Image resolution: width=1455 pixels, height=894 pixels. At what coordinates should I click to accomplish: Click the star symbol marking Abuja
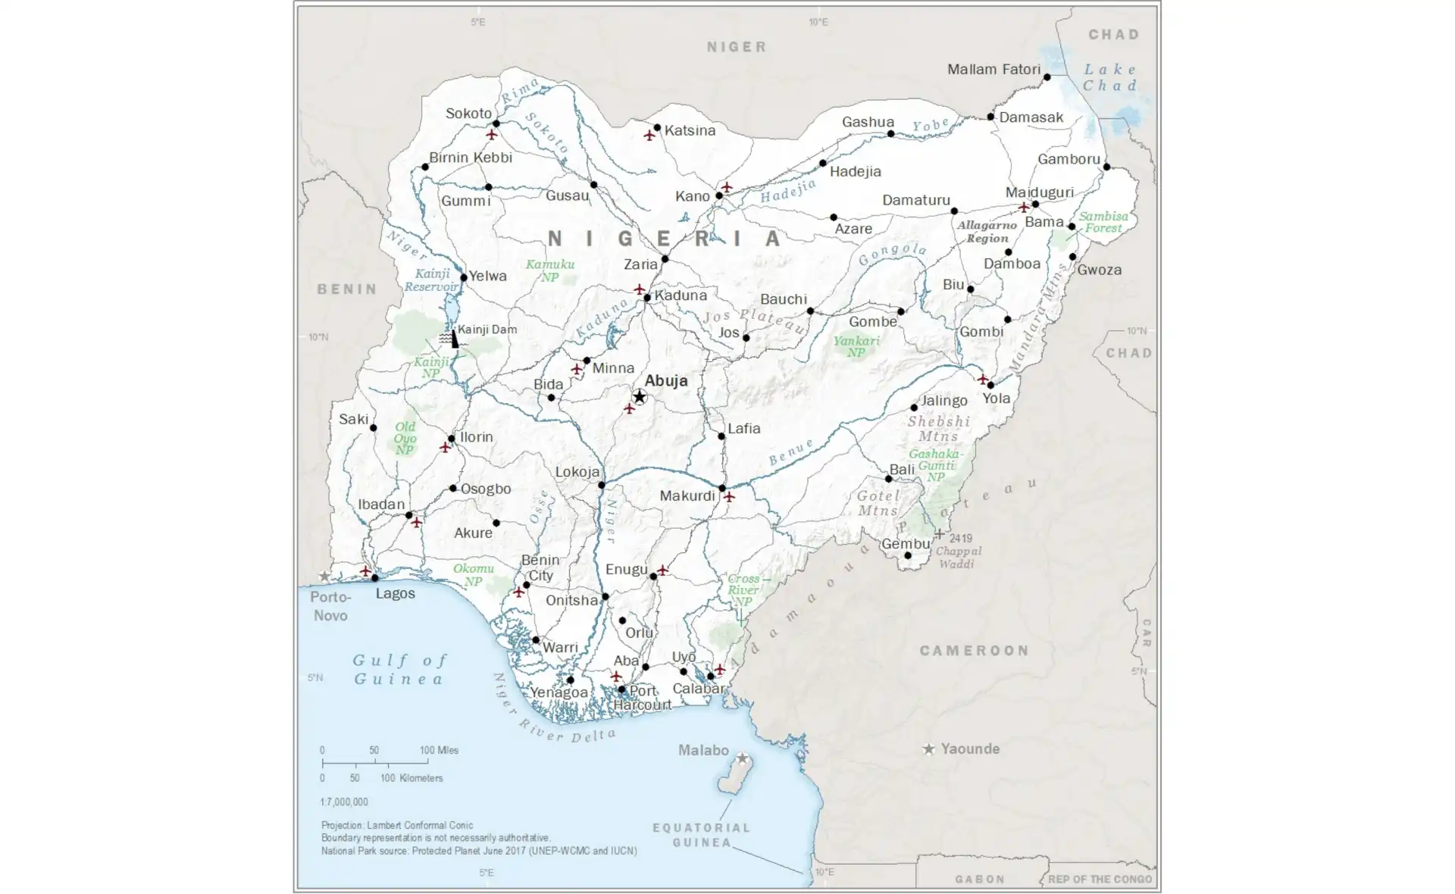tap(640, 397)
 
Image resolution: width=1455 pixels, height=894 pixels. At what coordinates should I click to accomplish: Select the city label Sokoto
tap(468, 114)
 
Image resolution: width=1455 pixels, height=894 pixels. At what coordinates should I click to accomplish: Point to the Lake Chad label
tap(1109, 77)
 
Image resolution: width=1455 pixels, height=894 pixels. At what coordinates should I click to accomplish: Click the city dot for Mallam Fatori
tap(1047, 77)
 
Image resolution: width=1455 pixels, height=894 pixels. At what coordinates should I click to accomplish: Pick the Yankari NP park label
tap(856, 346)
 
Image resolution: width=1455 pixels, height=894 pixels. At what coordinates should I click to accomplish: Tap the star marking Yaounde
tap(928, 749)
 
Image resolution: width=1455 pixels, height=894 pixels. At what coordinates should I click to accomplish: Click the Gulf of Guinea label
tap(400, 670)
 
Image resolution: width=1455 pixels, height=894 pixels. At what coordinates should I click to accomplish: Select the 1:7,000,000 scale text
tap(344, 802)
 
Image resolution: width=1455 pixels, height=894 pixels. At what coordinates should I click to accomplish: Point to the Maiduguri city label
tap(1039, 192)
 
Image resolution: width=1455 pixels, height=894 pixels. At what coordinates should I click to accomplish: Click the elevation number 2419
tap(960, 539)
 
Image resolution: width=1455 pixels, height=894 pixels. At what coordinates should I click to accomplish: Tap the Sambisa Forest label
tap(1103, 222)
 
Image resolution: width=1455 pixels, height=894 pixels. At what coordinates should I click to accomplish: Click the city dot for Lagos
tap(374, 578)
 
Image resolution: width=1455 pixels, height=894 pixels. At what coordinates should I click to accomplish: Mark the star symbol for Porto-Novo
tap(324, 577)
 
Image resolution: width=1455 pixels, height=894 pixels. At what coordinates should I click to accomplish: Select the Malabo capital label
tap(702, 750)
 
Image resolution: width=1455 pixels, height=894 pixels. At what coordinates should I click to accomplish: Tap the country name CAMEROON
tap(974, 651)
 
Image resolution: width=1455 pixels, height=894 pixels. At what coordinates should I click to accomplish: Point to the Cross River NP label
tap(743, 589)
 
